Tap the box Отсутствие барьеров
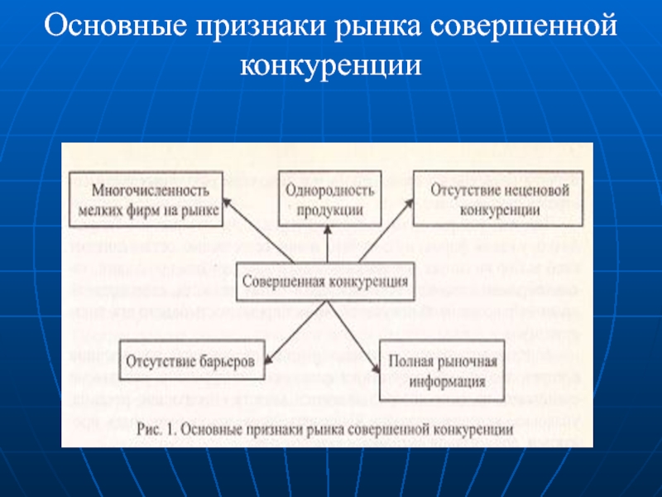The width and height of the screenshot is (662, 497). [x=191, y=363]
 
